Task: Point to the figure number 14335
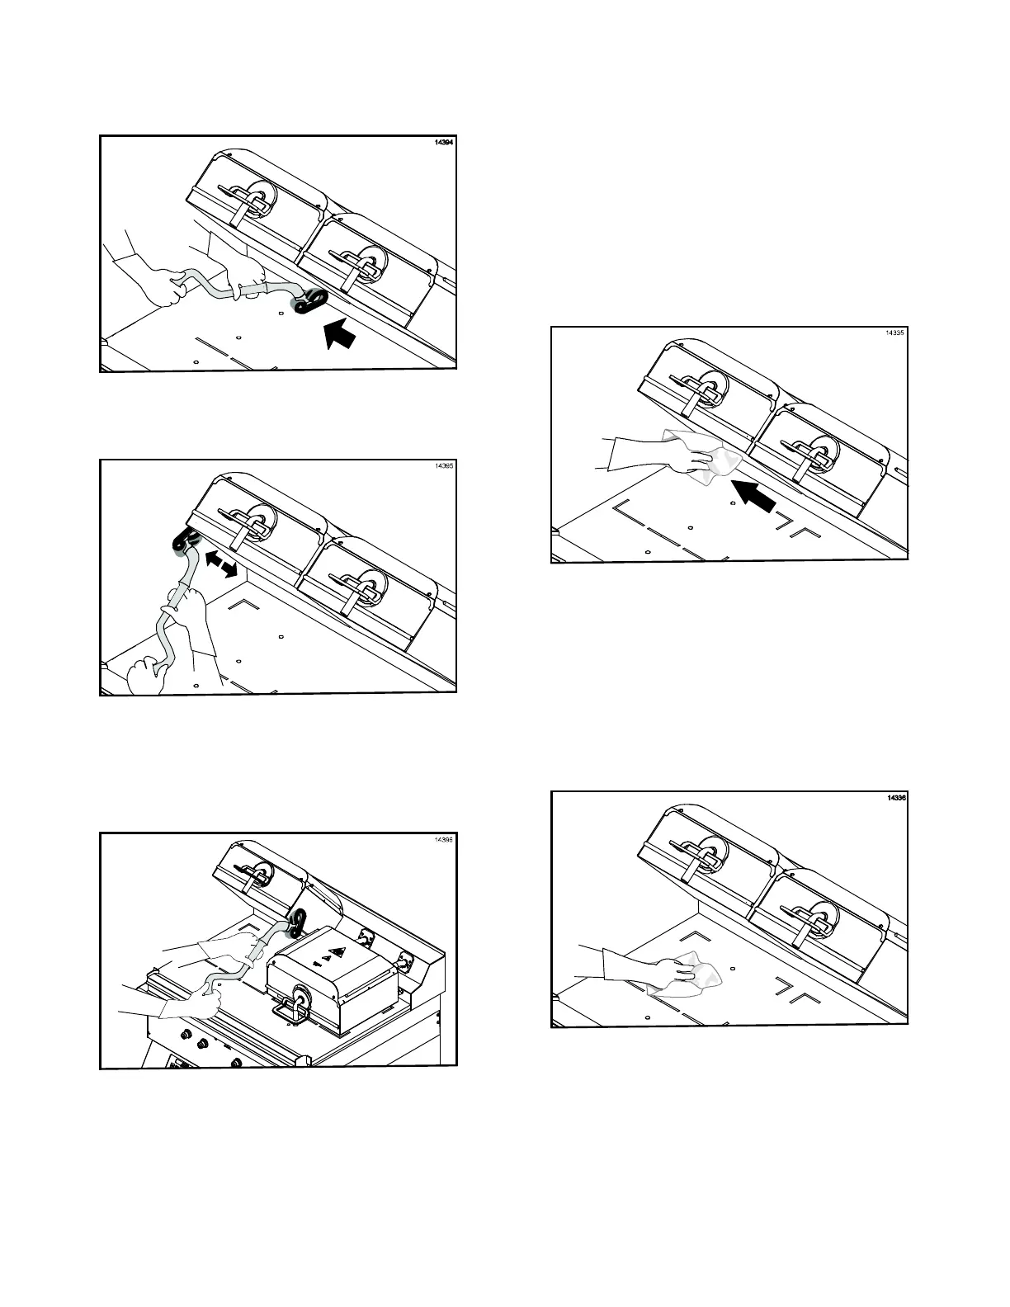pyautogui.click(x=895, y=333)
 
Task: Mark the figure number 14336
pyautogui.click(x=896, y=799)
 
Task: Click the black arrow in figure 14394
pyautogui.click(x=339, y=333)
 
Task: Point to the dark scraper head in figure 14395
pyautogui.click(x=184, y=544)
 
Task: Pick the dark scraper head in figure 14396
pyautogui.click(x=297, y=921)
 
